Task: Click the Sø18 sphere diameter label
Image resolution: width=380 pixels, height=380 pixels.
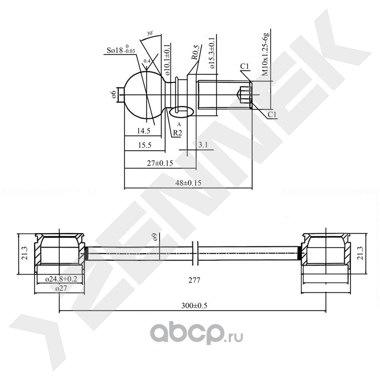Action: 120,50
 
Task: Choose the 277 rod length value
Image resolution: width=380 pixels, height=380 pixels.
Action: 194,280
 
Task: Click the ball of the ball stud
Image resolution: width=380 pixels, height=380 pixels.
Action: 142,94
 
